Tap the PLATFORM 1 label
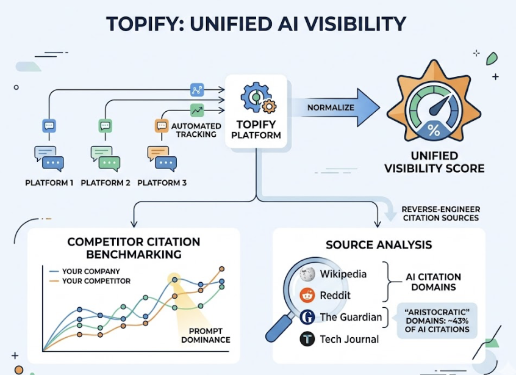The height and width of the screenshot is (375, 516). [49, 183]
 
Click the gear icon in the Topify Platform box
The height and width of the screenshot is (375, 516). [257, 97]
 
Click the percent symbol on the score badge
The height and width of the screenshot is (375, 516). [434, 130]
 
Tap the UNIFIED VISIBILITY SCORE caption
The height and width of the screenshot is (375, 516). [434, 162]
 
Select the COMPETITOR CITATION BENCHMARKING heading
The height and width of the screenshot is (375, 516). [125, 247]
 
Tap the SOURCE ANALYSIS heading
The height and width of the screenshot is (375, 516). [378, 244]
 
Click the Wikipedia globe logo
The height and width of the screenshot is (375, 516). [308, 274]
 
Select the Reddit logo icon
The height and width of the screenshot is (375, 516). [308, 296]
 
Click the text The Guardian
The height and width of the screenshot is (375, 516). [351, 317]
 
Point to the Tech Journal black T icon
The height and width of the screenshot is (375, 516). [308, 339]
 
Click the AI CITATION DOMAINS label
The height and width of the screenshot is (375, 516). [433, 281]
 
